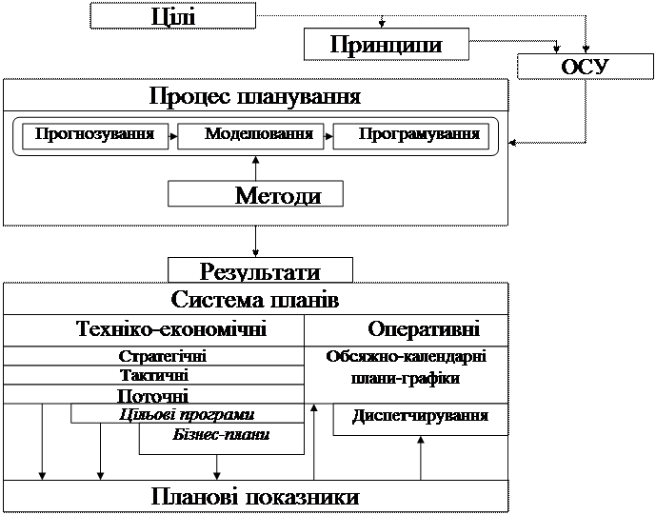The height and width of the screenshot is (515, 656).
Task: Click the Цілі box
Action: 173,16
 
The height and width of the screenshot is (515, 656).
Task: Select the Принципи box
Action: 372,45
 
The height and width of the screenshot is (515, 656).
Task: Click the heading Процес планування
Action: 255,97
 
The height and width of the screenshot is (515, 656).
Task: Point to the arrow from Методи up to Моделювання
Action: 255,166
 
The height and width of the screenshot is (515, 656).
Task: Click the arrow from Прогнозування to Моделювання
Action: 173,136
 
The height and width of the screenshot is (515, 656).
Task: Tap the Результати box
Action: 260,271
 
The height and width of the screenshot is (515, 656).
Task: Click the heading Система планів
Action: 255,300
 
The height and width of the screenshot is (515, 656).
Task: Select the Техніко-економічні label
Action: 169,329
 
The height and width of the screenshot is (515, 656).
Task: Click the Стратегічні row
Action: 164,356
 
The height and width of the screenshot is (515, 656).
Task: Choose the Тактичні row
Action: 154,376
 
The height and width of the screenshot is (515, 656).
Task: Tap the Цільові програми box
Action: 187,414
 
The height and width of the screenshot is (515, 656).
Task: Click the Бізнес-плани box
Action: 221,435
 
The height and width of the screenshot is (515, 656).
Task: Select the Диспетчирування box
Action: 420,417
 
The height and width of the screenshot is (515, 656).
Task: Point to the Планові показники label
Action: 255,497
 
